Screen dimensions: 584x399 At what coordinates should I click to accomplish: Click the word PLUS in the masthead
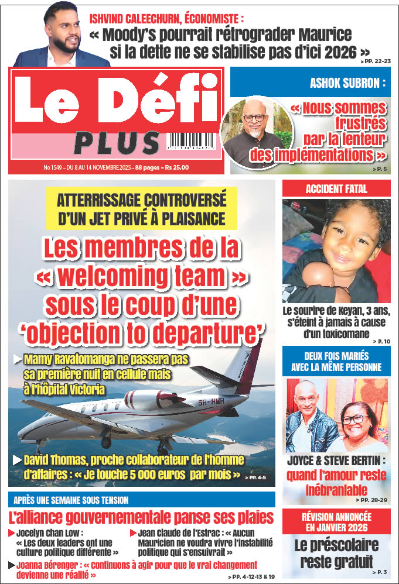click(x=117, y=143)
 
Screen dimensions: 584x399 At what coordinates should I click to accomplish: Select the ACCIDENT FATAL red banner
click(x=336, y=188)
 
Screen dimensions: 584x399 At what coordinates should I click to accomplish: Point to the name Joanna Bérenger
click(x=49, y=565)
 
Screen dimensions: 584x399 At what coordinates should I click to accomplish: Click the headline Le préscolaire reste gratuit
click(x=336, y=553)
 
